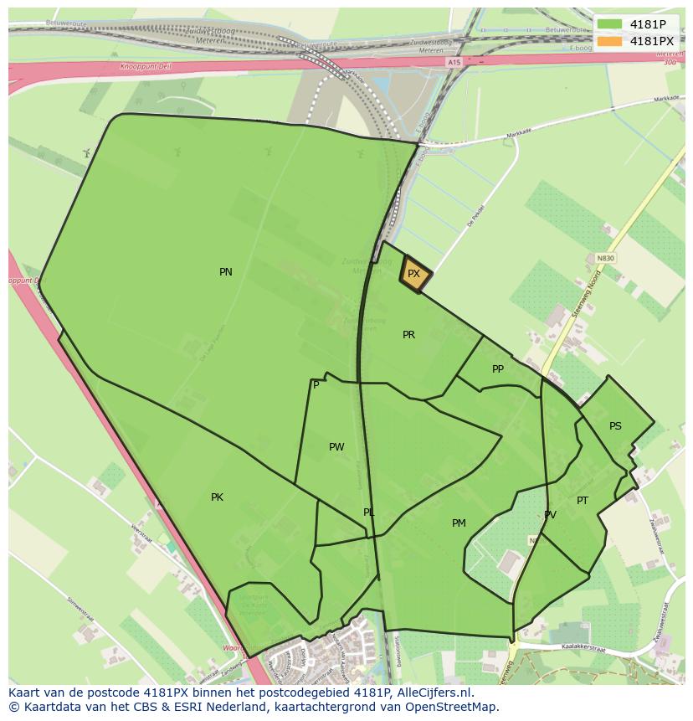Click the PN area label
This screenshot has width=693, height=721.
point(226,272)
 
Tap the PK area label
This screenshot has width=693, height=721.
point(217,497)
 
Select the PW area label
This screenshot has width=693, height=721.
point(336,447)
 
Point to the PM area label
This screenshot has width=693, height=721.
point(459,523)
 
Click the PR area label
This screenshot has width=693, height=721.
point(408,335)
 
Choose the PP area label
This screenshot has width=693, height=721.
point(498,369)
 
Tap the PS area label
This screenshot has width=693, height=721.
point(615,426)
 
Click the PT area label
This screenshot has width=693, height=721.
point(583,501)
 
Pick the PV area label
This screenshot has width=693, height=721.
point(550,516)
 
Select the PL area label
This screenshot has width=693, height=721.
point(369,512)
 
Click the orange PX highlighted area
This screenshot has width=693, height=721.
point(414,274)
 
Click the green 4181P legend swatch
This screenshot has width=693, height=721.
point(610,24)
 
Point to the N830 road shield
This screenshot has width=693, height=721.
point(605,258)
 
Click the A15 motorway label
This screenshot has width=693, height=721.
point(454,63)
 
